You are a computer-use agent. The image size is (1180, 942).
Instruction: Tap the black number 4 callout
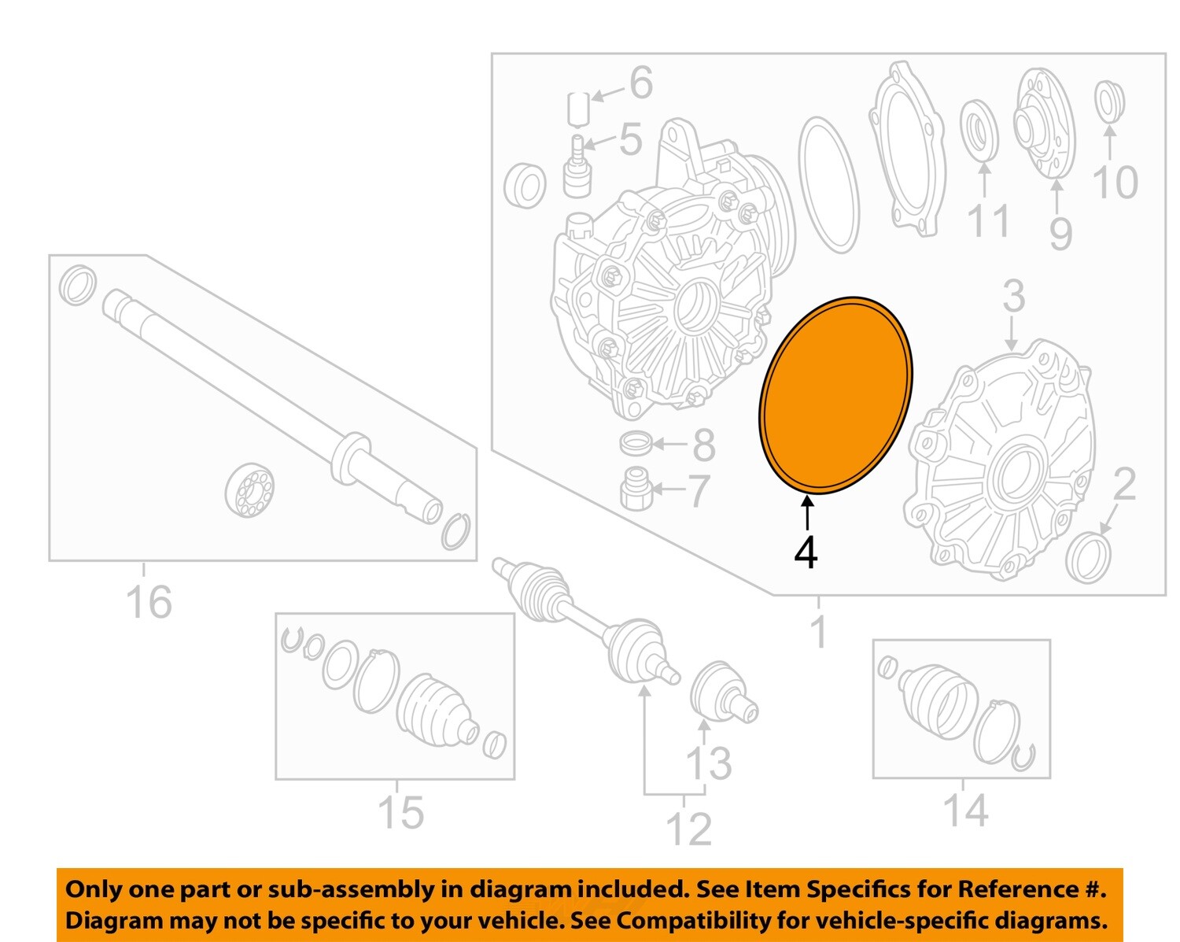click(x=806, y=552)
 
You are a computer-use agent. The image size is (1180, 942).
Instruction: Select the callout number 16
click(x=148, y=602)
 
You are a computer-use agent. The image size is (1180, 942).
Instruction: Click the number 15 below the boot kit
click(x=400, y=812)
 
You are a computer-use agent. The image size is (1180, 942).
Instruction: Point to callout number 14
click(x=964, y=811)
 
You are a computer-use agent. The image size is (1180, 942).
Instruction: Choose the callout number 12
click(x=688, y=829)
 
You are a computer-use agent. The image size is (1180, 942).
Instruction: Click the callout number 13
click(x=709, y=763)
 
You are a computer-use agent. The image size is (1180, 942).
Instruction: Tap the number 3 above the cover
click(x=1013, y=297)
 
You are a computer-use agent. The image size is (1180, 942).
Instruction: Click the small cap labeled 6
click(x=578, y=108)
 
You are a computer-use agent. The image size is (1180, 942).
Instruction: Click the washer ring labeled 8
click(x=636, y=443)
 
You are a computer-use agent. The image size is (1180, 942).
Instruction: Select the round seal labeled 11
click(x=980, y=129)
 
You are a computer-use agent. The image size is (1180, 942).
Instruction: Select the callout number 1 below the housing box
click(x=818, y=632)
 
